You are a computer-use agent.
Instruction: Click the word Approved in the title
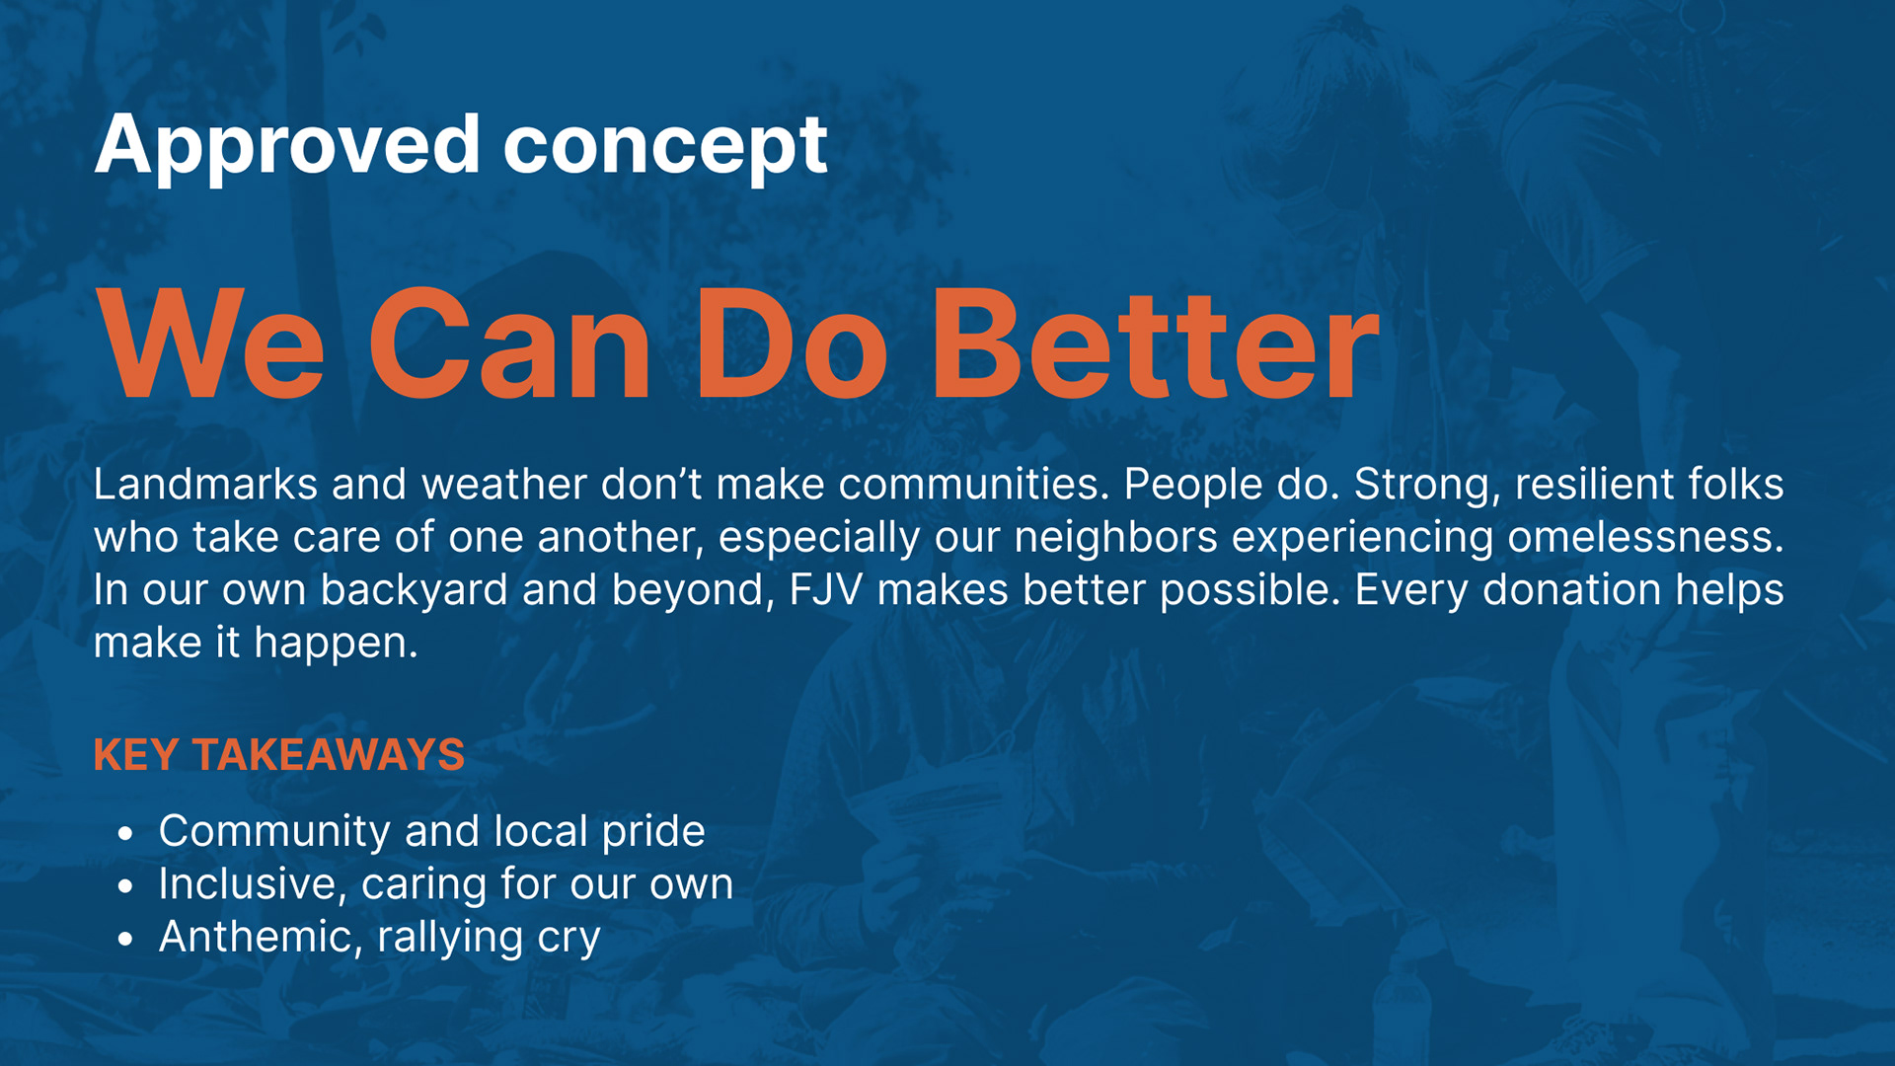pyautogui.click(x=287, y=146)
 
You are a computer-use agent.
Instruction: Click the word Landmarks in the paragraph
pyautogui.click(x=205, y=484)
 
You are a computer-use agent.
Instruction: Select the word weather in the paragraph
pyautogui.click(x=504, y=484)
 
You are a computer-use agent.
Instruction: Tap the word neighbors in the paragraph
pyautogui.click(x=1115, y=538)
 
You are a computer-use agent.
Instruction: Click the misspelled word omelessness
pyautogui.click(x=1645, y=537)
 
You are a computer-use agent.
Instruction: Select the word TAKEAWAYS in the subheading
pyautogui.click(x=329, y=755)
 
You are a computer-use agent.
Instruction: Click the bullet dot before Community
pyautogui.click(x=124, y=834)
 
